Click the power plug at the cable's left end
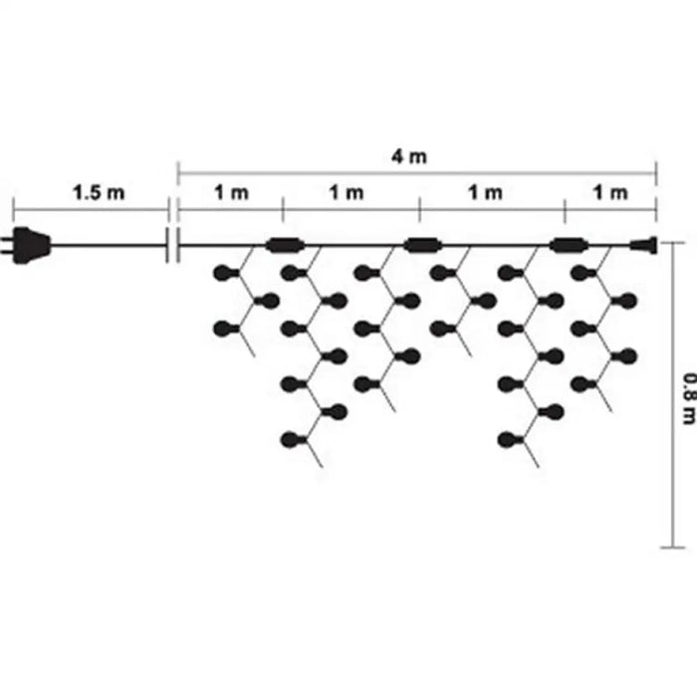[x=26, y=245]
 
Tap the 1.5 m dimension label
[x=99, y=193]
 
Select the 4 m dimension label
[x=409, y=156]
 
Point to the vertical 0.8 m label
[x=689, y=398]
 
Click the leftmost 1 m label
[x=231, y=193]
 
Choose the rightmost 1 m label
[x=610, y=193]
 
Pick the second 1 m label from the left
[x=346, y=193]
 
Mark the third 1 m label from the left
[x=486, y=193]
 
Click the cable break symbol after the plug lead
[x=173, y=245]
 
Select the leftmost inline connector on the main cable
[x=285, y=245]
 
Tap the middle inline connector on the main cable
[x=423, y=245]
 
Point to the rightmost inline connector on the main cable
[x=569, y=245]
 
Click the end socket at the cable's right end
[x=643, y=245]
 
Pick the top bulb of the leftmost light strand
[x=226, y=274]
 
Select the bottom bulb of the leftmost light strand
[x=226, y=330]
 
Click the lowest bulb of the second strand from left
[x=294, y=440]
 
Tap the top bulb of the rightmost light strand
[x=583, y=274]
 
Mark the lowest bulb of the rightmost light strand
[x=583, y=384]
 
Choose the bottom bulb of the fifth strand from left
[x=511, y=440]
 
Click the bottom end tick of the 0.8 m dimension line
[x=673, y=548]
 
